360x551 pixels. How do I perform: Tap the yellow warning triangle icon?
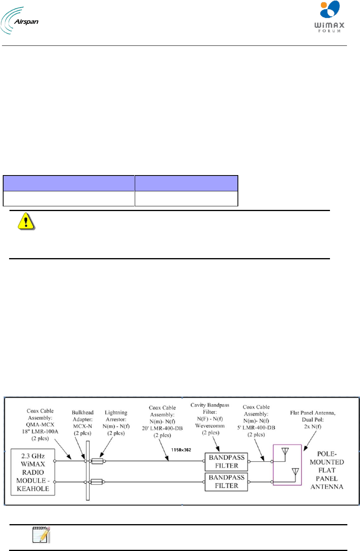pyautogui.click(x=26, y=221)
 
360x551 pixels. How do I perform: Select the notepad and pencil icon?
pyautogui.click(x=41, y=535)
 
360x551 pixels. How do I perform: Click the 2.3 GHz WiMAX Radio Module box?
pyautogui.click(x=33, y=472)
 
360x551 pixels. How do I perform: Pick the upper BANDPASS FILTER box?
pyautogui.click(x=226, y=461)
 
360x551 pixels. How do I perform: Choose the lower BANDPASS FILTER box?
pyautogui.click(x=226, y=481)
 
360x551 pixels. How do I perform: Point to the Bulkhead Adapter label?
pyautogui.click(x=83, y=423)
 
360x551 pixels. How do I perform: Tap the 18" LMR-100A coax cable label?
pyautogui.click(x=40, y=425)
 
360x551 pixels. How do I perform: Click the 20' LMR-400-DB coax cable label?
pyautogui.click(x=162, y=421)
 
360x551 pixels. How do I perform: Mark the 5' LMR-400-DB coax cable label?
pyautogui.click(x=256, y=421)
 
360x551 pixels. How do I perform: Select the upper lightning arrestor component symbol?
pyautogui.click(x=97, y=461)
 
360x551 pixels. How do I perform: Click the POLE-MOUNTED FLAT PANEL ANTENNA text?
pyautogui.click(x=327, y=470)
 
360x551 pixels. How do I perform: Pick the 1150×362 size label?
pyautogui.click(x=181, y=450)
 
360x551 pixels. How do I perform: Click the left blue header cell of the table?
pyautogui.click(x=69, y=183)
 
